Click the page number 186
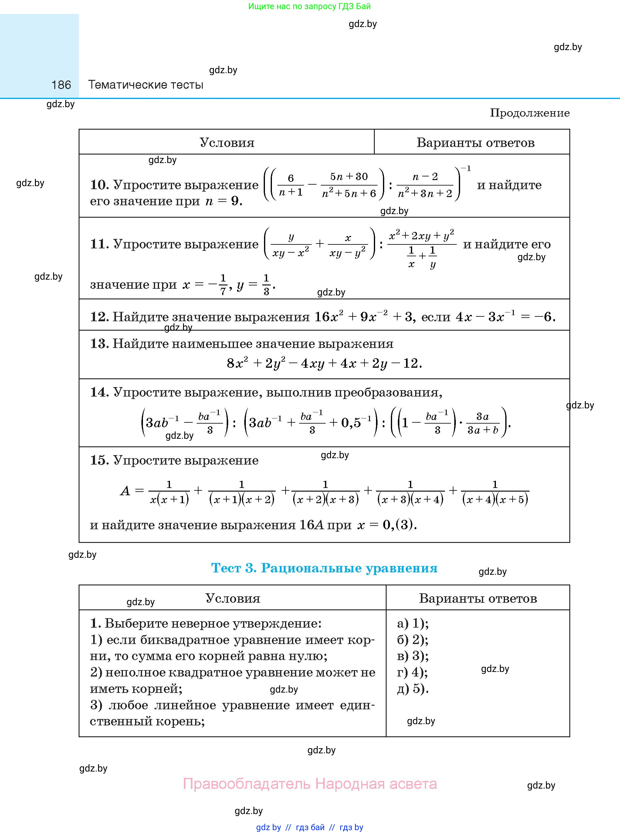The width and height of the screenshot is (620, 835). (x=61, y=85)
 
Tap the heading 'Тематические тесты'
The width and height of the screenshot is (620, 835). (x=146, y=85)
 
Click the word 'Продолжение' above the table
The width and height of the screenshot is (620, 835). (x=530, y=113)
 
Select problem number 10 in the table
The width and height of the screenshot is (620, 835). (x=99, y=185)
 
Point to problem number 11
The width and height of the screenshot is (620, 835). (x=99, y=244)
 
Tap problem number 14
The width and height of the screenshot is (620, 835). (x=99, y=392)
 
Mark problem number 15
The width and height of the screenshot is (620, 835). (x=99, y=460)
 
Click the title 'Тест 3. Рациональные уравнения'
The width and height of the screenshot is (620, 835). (x=324, y=568)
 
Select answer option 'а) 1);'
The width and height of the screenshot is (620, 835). (x=413, y=623)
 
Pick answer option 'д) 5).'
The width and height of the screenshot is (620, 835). (x=413, y=688)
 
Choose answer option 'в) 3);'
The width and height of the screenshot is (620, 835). (x=413, y=656)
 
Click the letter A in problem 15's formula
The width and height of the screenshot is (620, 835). (x=125, y=491)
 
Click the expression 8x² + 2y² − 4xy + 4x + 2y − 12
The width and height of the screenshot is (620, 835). (x=324, y=363)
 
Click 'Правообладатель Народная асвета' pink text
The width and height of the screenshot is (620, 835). (x=310, y=784)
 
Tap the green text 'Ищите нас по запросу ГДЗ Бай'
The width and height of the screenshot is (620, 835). (x=310, y=6)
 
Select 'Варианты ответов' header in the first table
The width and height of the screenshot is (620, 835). (x=475, y=143)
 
